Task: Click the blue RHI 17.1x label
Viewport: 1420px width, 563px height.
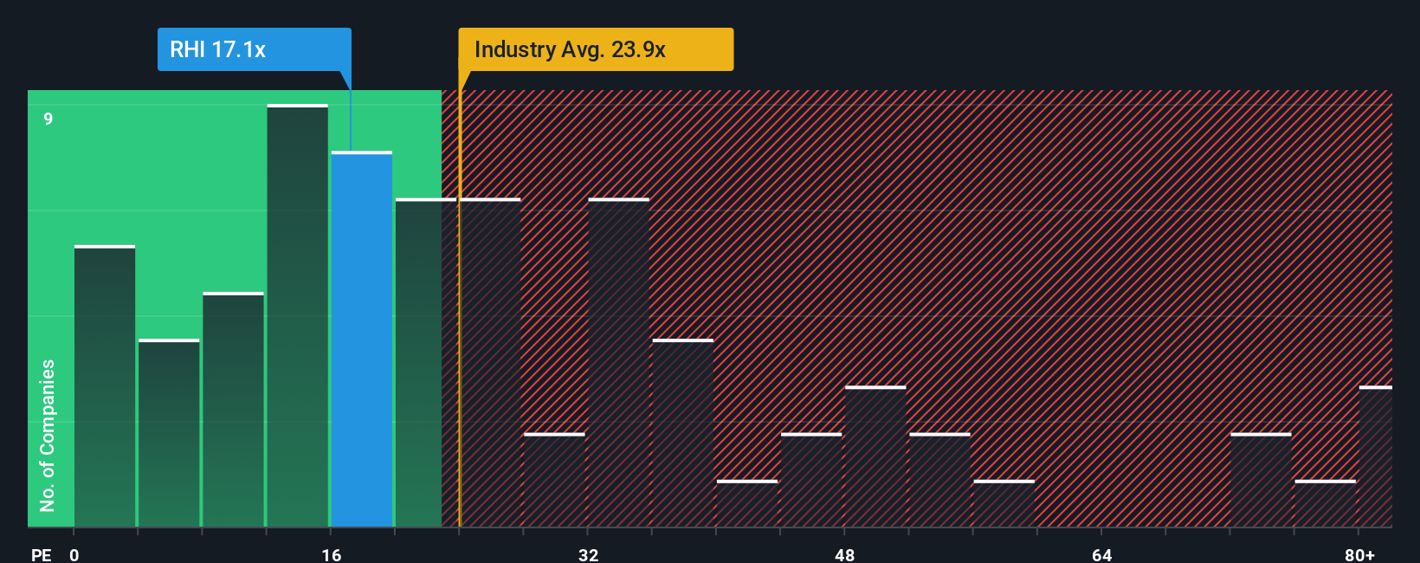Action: tap(254, 49)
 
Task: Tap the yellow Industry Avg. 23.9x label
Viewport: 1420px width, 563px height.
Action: tap(595, 49)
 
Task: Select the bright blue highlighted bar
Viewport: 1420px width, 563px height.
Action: tap(362, 340)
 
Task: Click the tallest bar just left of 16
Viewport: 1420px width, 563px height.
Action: tap(298, 316)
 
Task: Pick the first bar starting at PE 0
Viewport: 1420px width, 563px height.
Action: tap(105, 386)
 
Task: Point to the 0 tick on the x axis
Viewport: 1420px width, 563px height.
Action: tap(74, 554)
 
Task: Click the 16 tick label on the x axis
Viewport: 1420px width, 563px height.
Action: tap(332, 554)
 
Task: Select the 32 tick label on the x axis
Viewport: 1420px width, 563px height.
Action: tap(589, 554)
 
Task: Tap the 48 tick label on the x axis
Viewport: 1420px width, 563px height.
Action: tap(845, 554)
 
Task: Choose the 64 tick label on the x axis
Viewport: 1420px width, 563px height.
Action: tap(1101, 554)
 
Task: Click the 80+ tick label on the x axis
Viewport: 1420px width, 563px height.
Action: tap(1359, 554)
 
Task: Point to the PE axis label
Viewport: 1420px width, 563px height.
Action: tap(42, 554)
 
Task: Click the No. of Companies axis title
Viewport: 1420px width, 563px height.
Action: tap(48, 435)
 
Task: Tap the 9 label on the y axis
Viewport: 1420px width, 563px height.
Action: tap(48, 119)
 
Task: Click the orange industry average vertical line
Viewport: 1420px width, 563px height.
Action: tap(460, 303)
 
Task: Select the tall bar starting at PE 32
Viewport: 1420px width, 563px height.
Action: tap(618, 363)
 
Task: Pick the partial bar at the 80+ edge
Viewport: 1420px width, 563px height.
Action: tap(1376, 456)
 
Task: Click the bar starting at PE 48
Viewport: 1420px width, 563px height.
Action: tap(875, 456)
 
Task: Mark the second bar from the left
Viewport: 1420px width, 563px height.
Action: tap(169, 433)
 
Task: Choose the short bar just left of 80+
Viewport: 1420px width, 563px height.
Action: tap(1325, 504)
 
